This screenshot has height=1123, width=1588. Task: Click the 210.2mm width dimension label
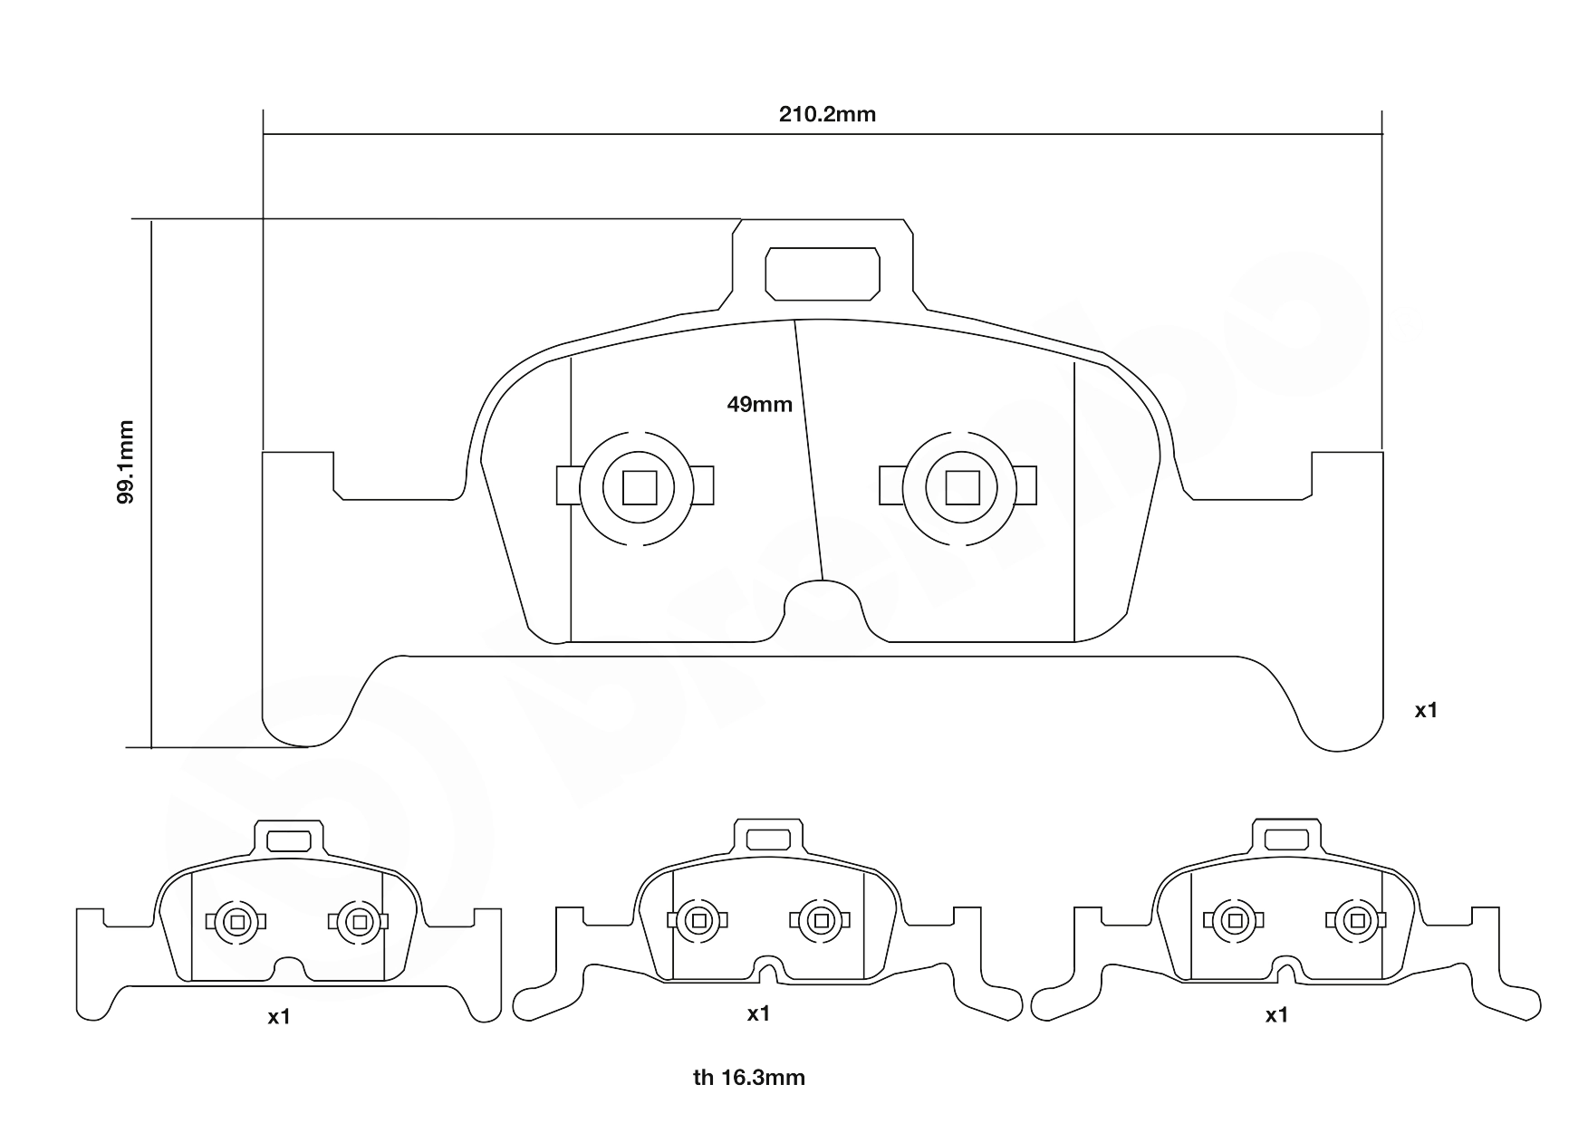point(827,114)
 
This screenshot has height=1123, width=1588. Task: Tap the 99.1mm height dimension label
point(127,462)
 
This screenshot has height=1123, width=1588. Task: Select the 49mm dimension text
point(759,405)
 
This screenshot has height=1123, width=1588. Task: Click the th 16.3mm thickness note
point(749,1078)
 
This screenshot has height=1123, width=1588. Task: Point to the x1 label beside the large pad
point(1426,711)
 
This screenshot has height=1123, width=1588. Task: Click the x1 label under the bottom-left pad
point(279,1017)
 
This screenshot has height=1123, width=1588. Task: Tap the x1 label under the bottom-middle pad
point(758,1013)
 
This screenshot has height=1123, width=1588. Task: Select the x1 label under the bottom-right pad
point(1276,1015)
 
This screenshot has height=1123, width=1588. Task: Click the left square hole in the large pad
point(640,487)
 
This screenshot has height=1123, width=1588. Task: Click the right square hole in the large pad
point(962,487)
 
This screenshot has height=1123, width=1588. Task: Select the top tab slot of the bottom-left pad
point(289,840)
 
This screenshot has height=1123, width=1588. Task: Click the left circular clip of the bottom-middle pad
point(698,921)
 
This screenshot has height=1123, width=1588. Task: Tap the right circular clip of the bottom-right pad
point(1356,921)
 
